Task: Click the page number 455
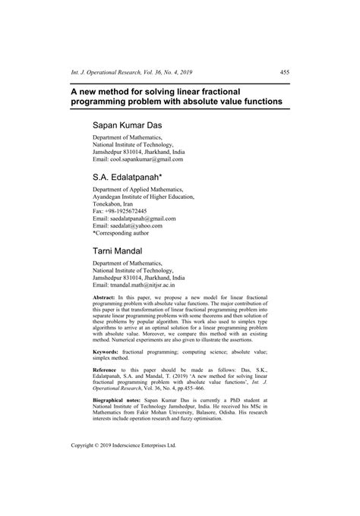point(285,73)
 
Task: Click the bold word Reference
point(107,374)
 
